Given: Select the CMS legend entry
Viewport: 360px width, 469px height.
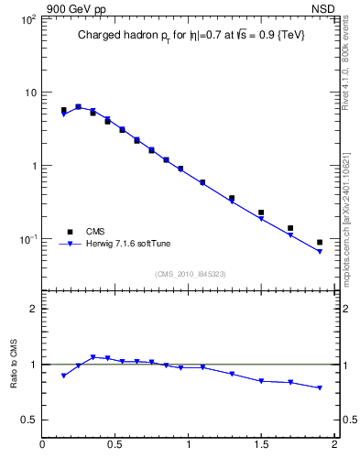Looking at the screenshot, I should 94,232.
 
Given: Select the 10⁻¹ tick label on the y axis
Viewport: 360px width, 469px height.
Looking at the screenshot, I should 27,239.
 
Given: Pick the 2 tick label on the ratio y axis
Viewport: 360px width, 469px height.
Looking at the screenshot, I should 32,309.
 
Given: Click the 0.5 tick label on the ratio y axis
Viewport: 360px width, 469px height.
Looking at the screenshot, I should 28,420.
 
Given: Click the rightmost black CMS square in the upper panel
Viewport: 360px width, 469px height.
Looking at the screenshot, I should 320,243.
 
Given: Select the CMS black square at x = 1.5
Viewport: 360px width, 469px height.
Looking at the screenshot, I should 261,213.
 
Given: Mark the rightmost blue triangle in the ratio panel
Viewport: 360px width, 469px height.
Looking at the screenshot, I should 320,388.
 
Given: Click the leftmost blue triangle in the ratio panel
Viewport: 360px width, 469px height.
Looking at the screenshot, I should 63,376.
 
